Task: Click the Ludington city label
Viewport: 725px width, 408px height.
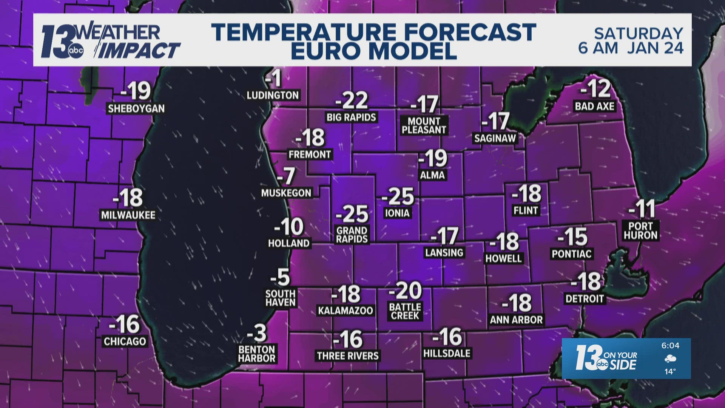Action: [273, 95]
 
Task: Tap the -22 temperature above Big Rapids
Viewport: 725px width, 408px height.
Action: [352, 100]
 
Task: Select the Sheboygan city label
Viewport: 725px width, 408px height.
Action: [136, 109]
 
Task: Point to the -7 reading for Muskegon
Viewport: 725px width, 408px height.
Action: [286, 176]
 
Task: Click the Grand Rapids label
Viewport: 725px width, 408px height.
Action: [352, 235]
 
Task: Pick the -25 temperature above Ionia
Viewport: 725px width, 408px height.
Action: [398, 196]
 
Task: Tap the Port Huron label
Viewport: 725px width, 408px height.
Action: [640, 231]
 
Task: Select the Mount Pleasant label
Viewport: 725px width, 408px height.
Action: [424, 125]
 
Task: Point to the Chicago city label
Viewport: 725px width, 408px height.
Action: [125, 342]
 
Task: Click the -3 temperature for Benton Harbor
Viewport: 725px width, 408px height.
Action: [257, 334]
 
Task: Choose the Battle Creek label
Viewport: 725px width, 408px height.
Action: [405, 312]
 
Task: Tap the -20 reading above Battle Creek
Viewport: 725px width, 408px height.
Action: [405, 291]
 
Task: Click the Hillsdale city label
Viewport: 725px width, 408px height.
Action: [447, 354]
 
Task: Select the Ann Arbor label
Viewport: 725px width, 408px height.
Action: [516, 320]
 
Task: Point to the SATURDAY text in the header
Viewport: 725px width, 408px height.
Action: [639, 34]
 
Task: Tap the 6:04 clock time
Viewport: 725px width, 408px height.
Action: [670, 346]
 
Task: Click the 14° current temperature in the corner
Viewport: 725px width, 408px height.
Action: [670, 372]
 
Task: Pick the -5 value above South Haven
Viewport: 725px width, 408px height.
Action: [280, 278]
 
